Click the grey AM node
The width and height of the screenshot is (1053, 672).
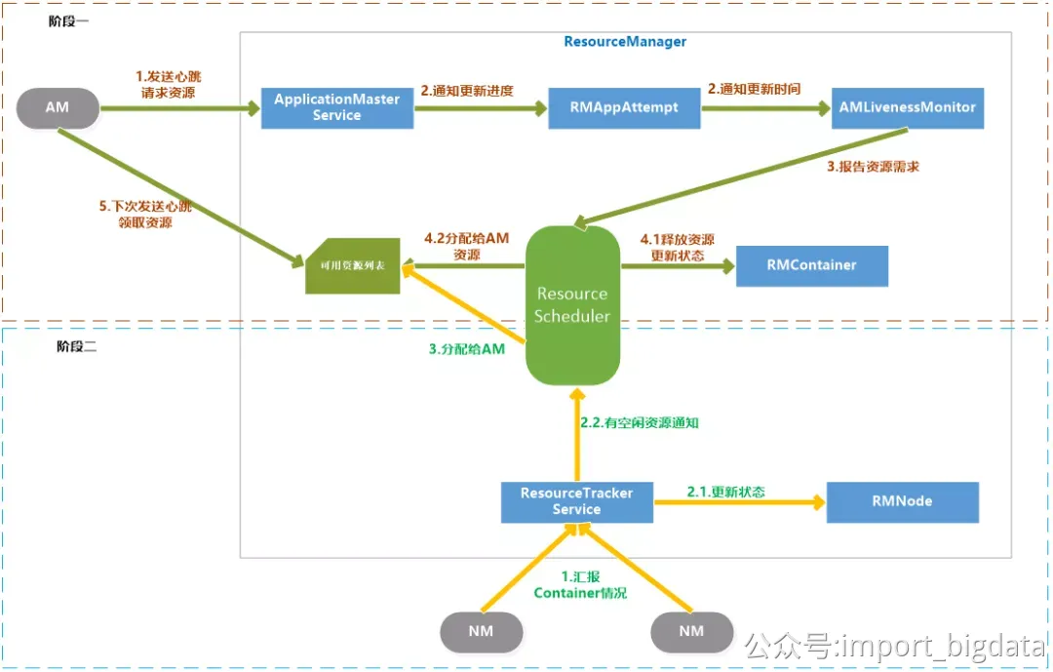tap(58, 107)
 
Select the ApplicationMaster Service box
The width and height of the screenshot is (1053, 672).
tap(336, 107)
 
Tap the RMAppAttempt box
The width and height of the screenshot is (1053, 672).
tap(624, 107)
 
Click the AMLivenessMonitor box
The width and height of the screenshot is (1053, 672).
tap(907, 107)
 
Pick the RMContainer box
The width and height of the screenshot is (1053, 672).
tap(811, 265)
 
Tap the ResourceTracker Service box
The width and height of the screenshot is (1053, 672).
tap(576, 501)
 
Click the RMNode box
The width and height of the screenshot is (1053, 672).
tap(902, 501)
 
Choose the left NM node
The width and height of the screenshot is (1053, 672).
tap(481, 631)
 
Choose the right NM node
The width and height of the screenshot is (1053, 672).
tap(691, 631)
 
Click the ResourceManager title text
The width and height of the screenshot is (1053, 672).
tap(625, 42)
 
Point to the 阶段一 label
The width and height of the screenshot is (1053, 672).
tap(68, 21)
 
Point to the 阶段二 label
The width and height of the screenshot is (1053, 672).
tap(76, 347)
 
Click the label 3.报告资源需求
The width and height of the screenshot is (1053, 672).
tap(873, 167)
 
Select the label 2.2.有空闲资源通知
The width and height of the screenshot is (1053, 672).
tap(639, 423)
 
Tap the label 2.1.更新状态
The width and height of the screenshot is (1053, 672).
tap(725, 492)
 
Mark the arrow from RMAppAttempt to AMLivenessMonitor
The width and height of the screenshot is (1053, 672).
tap(762, 108)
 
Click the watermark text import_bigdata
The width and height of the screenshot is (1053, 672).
tap(936, 646)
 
